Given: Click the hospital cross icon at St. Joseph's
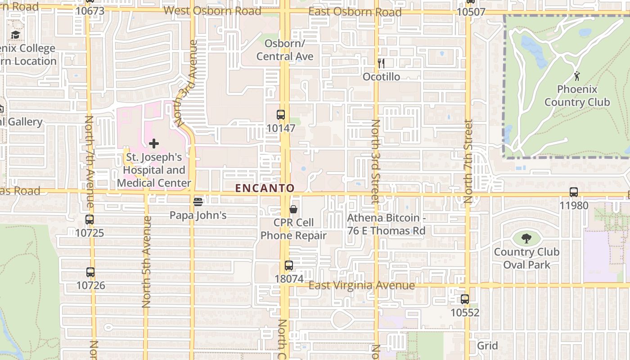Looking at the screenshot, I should point(154,144).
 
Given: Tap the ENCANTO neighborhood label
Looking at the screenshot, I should point(265,188).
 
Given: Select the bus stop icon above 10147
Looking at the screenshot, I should point(281,115).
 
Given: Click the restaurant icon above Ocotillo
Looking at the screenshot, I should point(381,63).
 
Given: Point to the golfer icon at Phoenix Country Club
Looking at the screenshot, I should point(577,76).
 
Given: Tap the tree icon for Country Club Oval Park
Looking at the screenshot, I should point(526,238).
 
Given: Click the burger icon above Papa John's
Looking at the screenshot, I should point(198,202).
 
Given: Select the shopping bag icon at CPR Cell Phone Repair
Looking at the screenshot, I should point(293,209).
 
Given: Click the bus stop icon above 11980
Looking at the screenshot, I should point(574,192).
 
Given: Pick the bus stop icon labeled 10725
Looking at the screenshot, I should point(90,220).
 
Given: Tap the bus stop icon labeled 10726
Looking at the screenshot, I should point(90,272).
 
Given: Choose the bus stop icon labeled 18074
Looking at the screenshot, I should point(289,265).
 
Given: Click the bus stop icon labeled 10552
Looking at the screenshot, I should point(464,299).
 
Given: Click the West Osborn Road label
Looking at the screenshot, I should point(212,11).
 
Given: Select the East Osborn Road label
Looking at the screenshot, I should point(355,12).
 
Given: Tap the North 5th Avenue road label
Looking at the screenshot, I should point(146,262).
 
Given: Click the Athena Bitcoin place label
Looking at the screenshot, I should point(386,224).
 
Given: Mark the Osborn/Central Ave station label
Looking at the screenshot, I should point(285,50).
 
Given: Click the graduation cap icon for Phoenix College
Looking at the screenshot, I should point(16,35).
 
